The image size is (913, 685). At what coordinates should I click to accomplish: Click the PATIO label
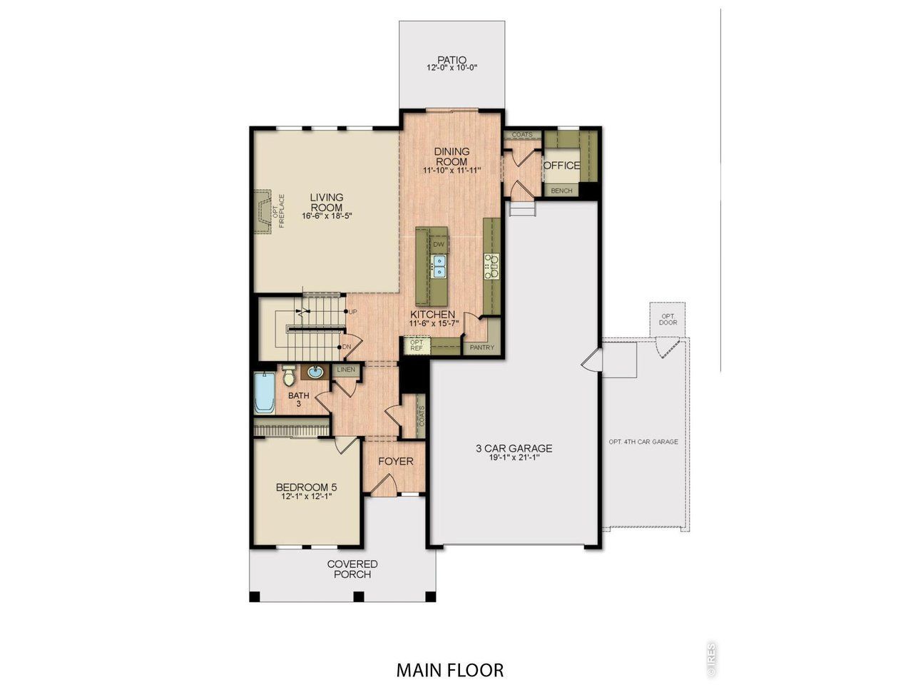[x=452, y=60]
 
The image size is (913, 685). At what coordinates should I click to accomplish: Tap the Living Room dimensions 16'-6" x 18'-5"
[x=327, y=215]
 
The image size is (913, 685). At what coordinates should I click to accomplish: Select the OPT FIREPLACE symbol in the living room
[x=263, y=210]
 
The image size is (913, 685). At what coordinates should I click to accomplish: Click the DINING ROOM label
[x=452, y=156]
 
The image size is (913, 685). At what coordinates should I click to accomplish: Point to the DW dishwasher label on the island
[x=439, y=245]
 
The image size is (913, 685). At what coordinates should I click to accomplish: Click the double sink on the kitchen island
[x=439, y=266]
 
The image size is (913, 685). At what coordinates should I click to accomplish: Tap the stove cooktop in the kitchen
[x=491, y=265]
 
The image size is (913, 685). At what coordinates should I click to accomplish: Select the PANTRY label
[x=482, y=347]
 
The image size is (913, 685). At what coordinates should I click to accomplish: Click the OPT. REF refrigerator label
[x=417, y=345]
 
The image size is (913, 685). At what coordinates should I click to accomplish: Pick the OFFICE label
[x=562, y=166]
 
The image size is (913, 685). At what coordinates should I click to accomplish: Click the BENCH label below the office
[x=561, y=191]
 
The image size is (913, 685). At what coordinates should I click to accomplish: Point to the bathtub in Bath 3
[x=265, y=394]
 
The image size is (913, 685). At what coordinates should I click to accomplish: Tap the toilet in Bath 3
[x=289, y=375]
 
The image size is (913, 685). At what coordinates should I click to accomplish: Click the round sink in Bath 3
[x=315, y=372]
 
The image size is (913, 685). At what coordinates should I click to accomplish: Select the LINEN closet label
[x=346, y=370]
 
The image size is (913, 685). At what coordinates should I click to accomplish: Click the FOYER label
[x=395, y=462]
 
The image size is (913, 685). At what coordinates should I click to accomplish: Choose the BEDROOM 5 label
[x=305, y=488]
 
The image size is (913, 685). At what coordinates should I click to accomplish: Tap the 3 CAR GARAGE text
[x=514, y=449]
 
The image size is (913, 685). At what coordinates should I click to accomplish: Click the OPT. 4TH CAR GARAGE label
[x=643, y=442]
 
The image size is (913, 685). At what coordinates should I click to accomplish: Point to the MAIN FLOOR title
[x=450, y=670]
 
